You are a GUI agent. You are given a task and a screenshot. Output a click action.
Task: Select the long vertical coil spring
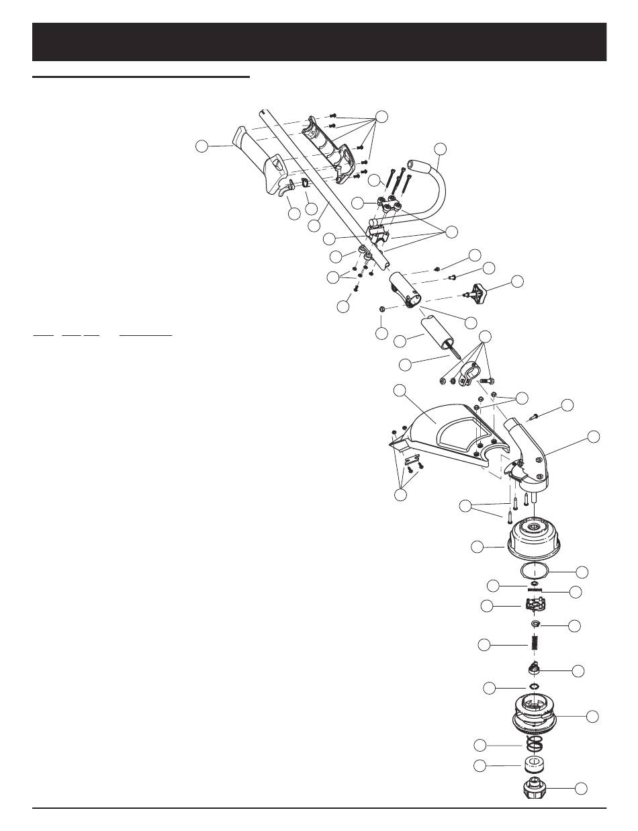click(x=536, y=645)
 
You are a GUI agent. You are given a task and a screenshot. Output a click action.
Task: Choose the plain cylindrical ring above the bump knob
click(x=535, y=764)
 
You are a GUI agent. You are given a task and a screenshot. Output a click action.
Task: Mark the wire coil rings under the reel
click(x=535, y=744)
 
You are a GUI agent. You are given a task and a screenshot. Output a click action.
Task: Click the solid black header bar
click(x=319, y=42)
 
